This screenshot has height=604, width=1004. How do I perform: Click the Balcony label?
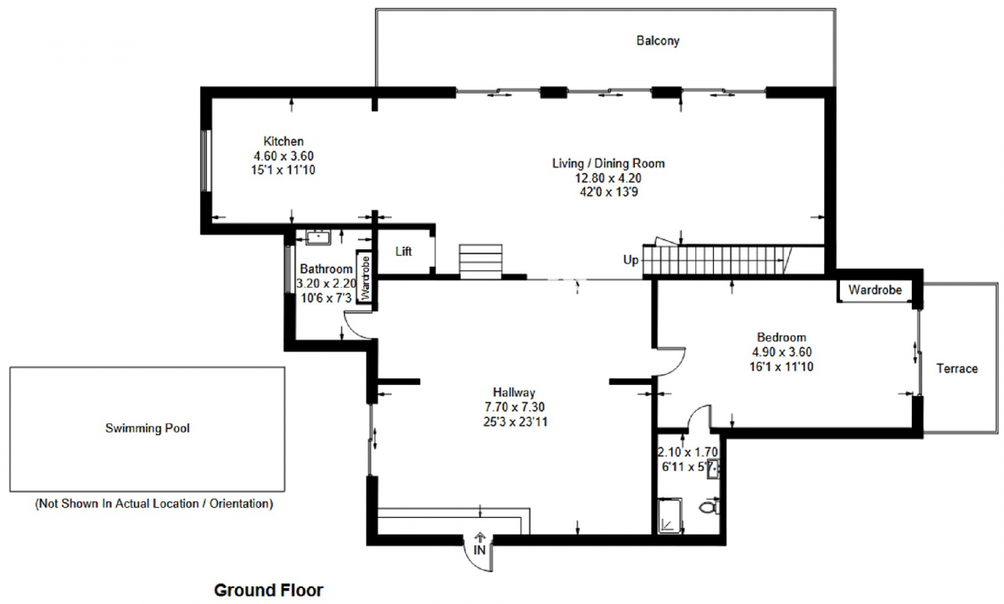coord(658,41)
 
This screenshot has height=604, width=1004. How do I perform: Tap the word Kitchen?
coord(284,141)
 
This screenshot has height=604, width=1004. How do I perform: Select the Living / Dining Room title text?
coord(608,163)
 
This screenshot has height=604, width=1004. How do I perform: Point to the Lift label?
coord(403,251)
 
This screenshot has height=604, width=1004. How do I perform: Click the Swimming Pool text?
coord(147,428)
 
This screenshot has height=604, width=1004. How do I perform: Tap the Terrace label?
coord(957,368)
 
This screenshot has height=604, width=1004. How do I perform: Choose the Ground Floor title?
coord(269,590)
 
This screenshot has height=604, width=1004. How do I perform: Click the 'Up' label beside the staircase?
coord(631,260)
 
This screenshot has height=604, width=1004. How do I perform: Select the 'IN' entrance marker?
coord(479,550)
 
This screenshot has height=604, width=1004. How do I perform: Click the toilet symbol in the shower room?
coord(709,507)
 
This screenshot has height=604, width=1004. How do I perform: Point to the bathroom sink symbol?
coord(318,238)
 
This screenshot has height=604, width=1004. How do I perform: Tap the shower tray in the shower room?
coord(670,516)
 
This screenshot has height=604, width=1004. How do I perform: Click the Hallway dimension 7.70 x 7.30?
coord(515,407)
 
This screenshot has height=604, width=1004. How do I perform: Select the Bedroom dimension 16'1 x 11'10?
coord(781,366)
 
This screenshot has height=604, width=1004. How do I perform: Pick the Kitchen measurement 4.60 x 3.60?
coord(284,156)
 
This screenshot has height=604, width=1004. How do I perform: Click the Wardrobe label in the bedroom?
coord(875,290)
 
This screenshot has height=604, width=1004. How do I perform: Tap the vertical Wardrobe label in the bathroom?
coord(366,278)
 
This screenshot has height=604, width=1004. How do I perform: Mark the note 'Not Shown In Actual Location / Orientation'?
coord(154,504)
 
